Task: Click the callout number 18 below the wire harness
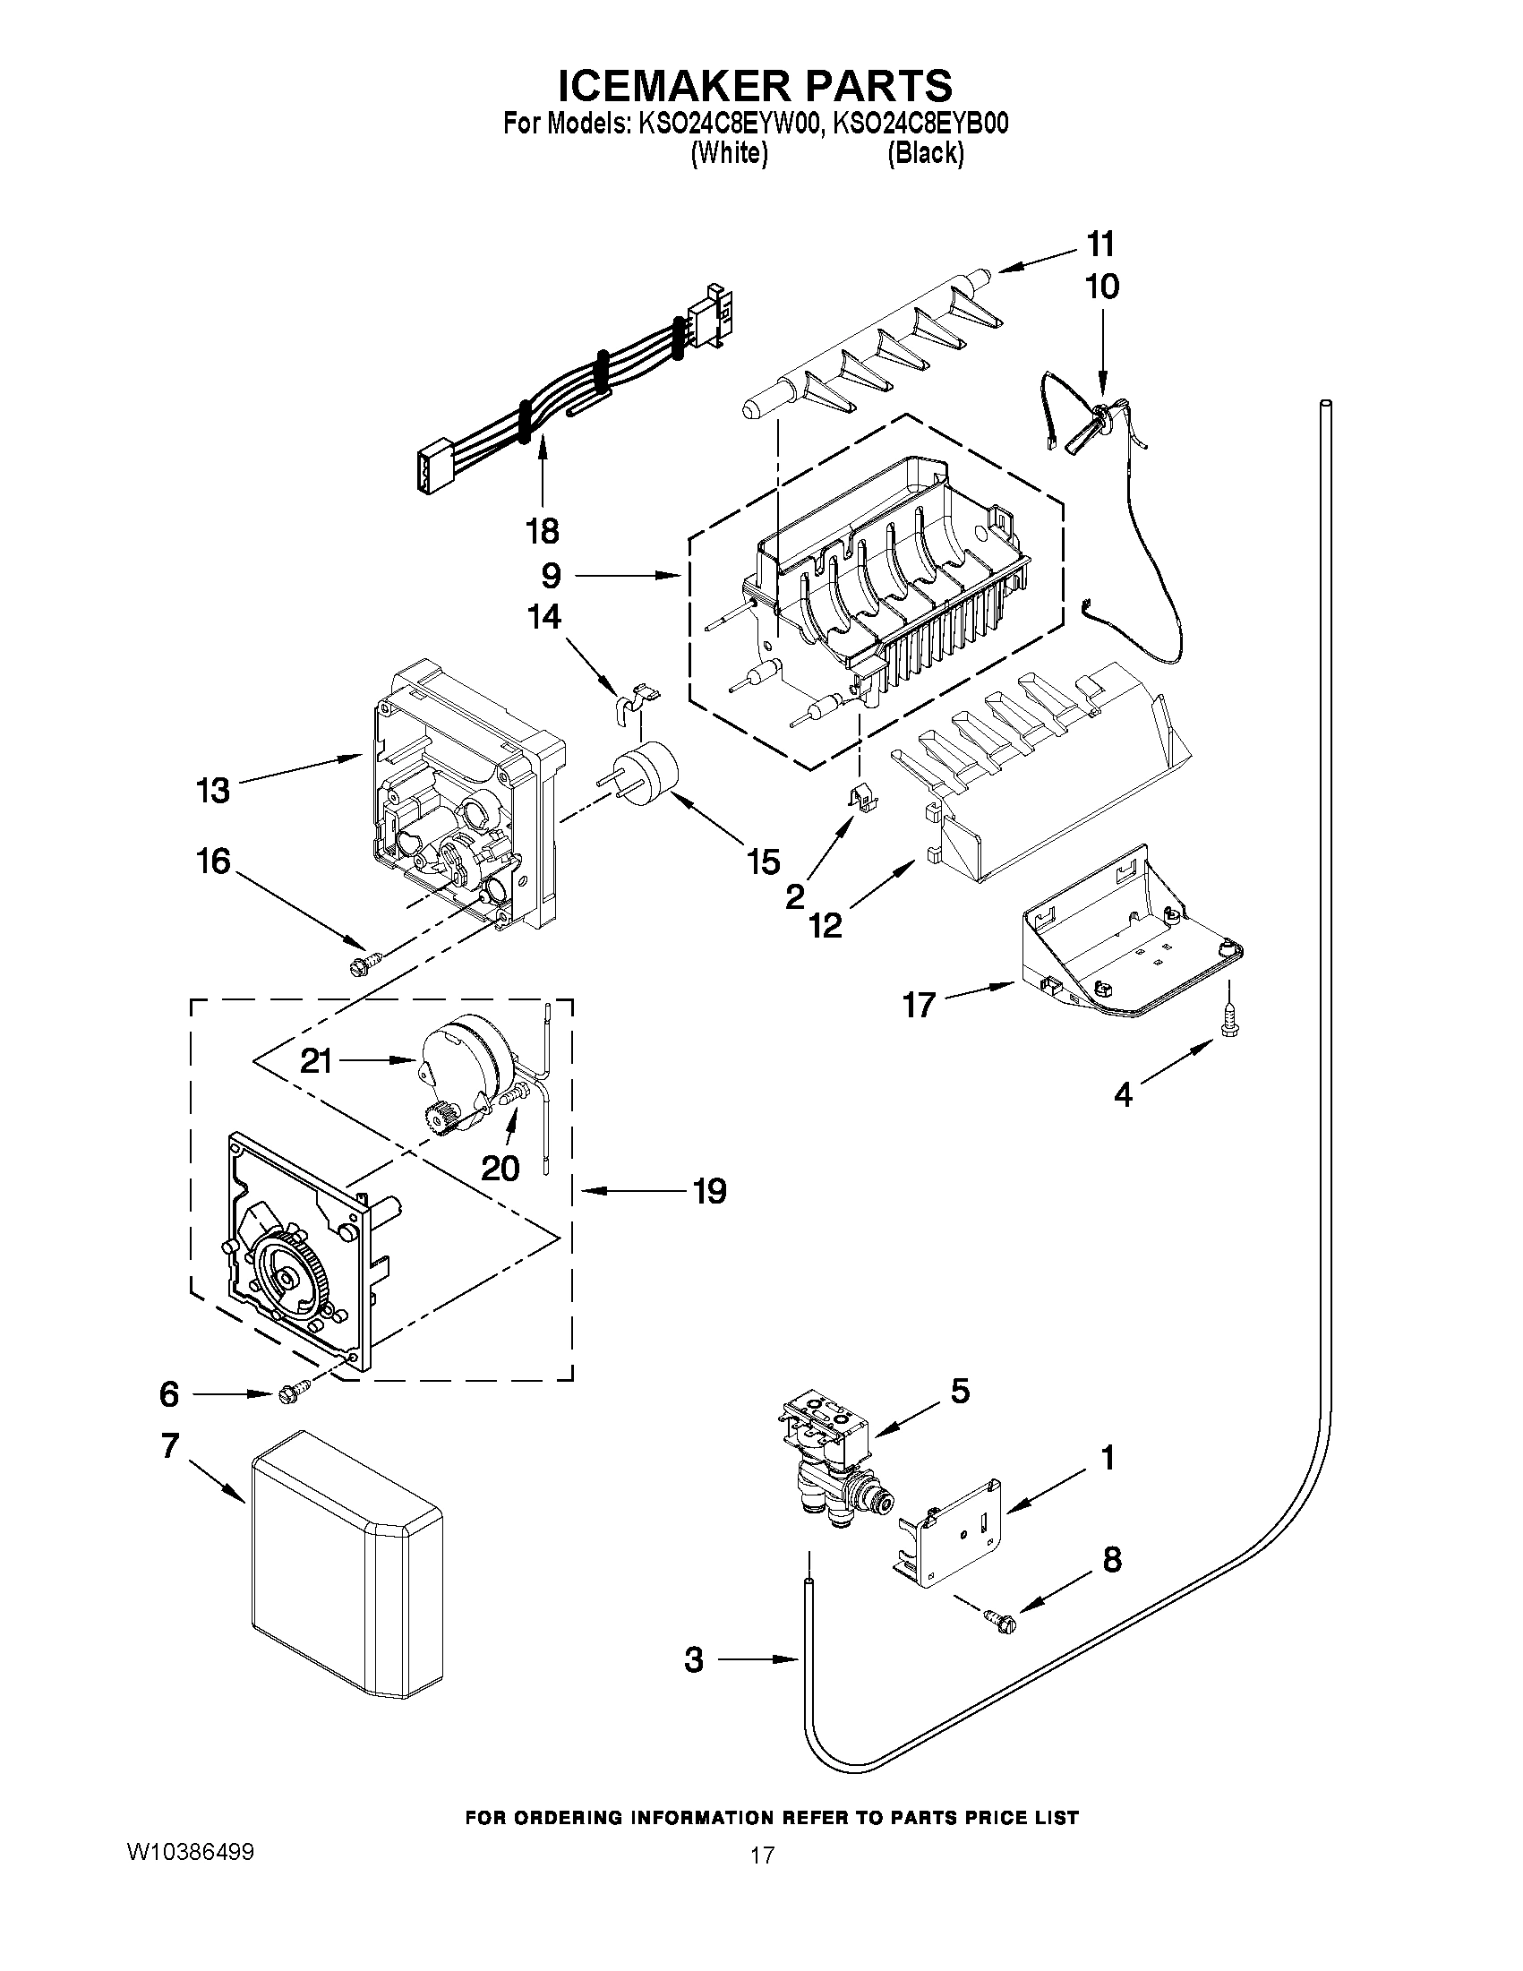(543, 531)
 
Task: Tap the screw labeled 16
(365, 963)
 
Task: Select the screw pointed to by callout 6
(295, 1394)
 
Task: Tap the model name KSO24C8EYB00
(920, 124)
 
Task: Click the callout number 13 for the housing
(213, 791)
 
